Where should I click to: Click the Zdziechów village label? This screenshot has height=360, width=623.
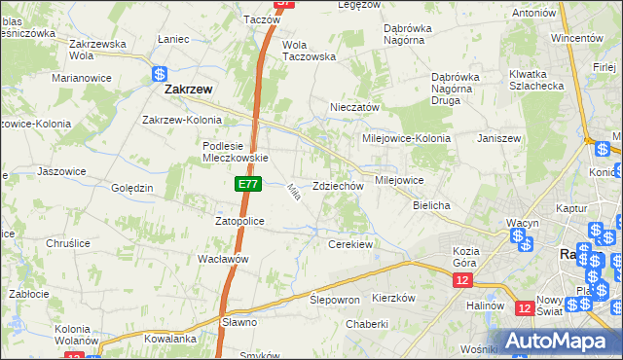tap(338, 186)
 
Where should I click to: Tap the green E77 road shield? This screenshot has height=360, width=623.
tap(247, 183)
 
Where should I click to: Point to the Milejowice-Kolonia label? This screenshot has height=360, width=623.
tap(407, 138)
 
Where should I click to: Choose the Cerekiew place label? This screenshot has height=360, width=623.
tap(351, 244)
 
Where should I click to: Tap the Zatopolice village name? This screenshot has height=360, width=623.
tap(239, 221)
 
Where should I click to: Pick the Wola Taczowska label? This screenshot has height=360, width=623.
tap(309, 51)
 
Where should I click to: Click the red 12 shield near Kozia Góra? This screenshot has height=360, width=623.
tap(461, 280)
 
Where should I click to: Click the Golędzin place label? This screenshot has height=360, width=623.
tap(132, 188)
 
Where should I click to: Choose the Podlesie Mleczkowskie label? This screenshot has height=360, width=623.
tap(235, 152)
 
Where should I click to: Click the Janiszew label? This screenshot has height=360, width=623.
tap(499, 138)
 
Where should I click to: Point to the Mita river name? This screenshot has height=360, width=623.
tap(291, 194)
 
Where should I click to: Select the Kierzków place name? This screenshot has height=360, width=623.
tap(394, 298)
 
